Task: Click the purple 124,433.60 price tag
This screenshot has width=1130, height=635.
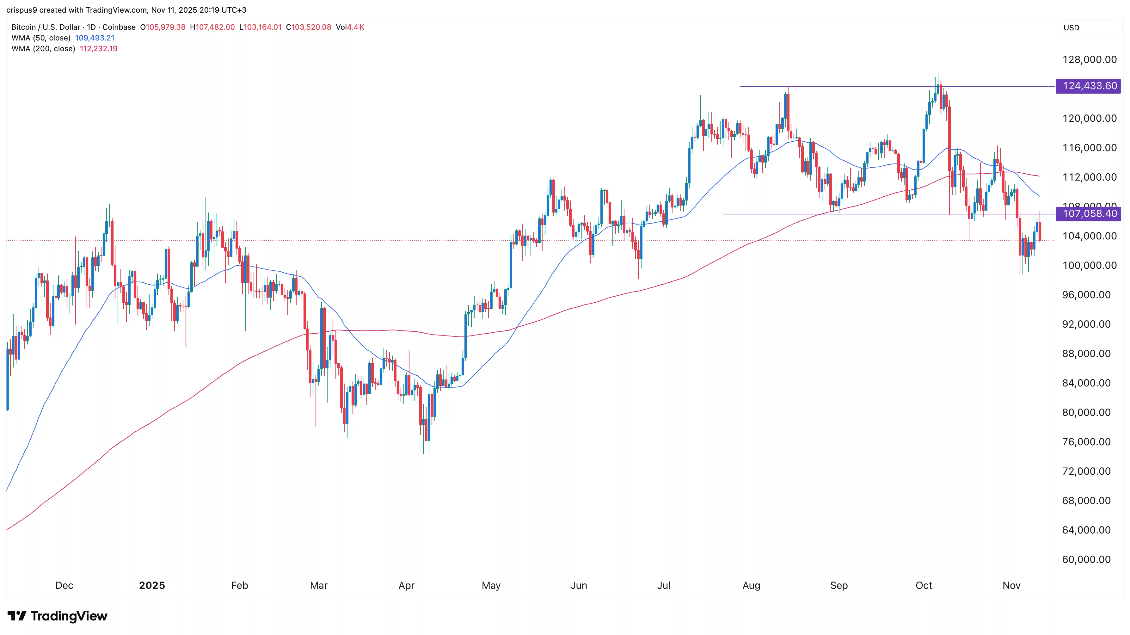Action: pyautogui.click(x=1089, y=86)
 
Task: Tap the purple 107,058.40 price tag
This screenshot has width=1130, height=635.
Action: pyautogui.click(x=1089, y=214)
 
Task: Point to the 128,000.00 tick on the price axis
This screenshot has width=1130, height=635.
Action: pyautogui.click(x=1089, y=60)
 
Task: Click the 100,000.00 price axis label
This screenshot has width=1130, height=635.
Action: pyautogui.click(x=1089, y=266)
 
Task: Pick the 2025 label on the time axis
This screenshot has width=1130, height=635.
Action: pyautogui.click(x=152, y=585)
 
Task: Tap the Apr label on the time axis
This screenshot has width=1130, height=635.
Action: pyautogui.click(x=406, y=585)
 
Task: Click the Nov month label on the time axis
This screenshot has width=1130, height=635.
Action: pyautogui.click(x=1011, y=585)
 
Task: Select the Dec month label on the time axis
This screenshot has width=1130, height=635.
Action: pyautogui.click(x=64, y=585)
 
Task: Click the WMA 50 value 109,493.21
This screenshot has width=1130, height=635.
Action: pyautogui.click(x=95, y=38)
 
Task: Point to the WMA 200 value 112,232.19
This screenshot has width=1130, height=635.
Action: pyautogui.click(x=98, y=49)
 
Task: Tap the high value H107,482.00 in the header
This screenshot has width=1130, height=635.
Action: pyautogui.click(x=212, y=27)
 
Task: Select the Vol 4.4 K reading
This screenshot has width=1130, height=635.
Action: pyautogui.click(x=350, y=27)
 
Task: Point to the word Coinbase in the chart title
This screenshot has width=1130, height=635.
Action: pyautogui.click(x=119, y=27)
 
